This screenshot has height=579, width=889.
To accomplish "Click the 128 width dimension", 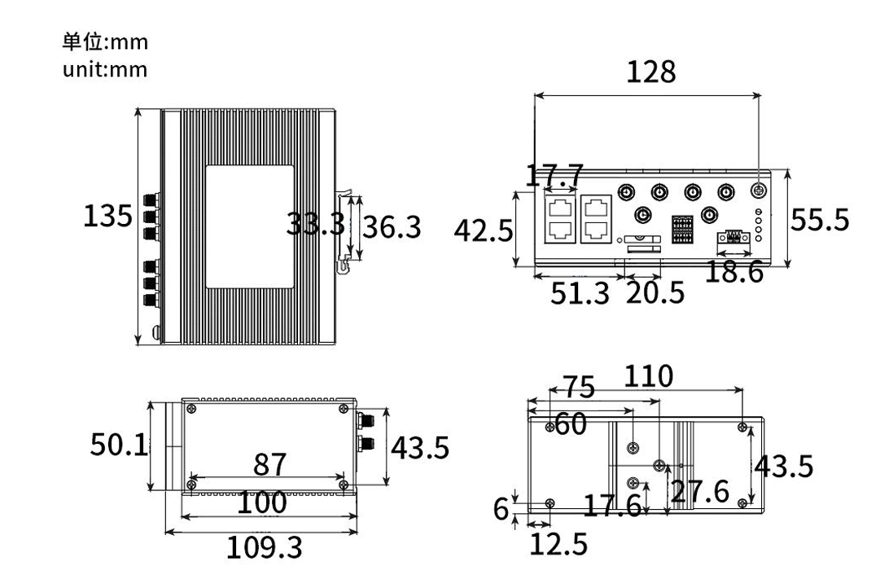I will [650, 72].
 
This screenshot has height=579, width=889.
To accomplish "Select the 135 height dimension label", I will [107, 217].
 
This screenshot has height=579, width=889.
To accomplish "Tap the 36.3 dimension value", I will [392, 227].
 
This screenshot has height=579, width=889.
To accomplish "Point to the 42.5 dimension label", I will [483, 231].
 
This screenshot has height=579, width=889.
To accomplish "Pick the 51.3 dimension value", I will [580, 293].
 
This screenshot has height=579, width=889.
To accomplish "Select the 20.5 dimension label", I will [655, 293].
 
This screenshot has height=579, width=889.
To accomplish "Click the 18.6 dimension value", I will [734, 273].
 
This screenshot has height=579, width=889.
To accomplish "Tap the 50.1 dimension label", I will [118, 445].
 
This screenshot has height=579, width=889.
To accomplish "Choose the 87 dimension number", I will [269, 464].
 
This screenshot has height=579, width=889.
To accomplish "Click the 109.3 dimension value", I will [264, 548].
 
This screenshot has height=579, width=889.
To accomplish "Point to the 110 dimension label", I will [649, 376].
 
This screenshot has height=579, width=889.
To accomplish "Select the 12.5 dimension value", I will [558, 545].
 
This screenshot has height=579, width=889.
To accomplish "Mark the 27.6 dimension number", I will [699, 491].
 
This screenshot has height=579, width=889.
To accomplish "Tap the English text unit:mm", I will [105, 69].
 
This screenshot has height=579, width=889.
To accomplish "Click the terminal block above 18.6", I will [734, 239].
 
